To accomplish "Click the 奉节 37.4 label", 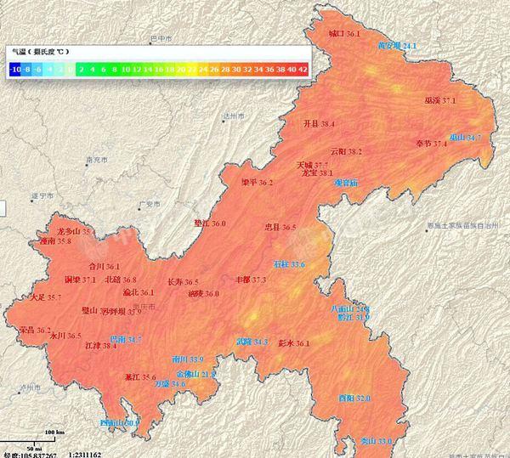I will [x=431, y=144].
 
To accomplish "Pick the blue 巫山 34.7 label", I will [x=466, y=137].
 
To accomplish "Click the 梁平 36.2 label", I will [x=257, y=182].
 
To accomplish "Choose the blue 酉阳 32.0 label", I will [x=354, y=398].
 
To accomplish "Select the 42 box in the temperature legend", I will [x=302, y=68].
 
